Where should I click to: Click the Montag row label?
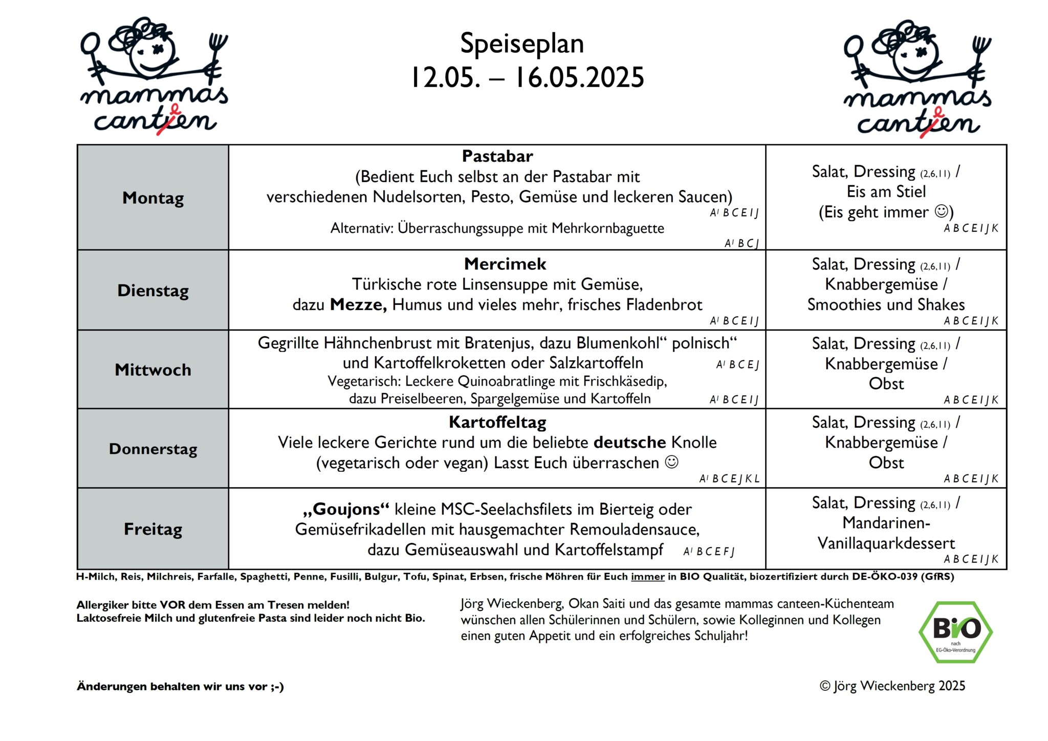[x=153, y=198]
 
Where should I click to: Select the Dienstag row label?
[x=153, y=291]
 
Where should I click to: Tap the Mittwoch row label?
[x=153, y=369]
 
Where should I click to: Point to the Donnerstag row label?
[x=153, y=449]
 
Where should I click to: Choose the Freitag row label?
[x=153, y=529]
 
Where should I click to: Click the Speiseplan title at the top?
[x=521, y=43]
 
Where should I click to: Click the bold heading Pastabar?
[x=497, y=156]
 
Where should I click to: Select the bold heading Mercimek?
[x=505, y=264]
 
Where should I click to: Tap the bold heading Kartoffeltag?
[x=497, y=422]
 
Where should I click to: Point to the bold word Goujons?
[x=346, y=509]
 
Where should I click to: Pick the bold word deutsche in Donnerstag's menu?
[x=630, y=442]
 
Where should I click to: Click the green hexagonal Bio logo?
[x=955, y=632]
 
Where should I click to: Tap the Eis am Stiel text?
[x=886, y=191]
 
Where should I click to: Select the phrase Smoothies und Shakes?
[x=886, y=305]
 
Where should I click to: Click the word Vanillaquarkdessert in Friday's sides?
[x=886, y=543]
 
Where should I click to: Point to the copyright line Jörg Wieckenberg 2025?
[x=892, y=686]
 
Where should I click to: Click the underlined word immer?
[x=647, y=577]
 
